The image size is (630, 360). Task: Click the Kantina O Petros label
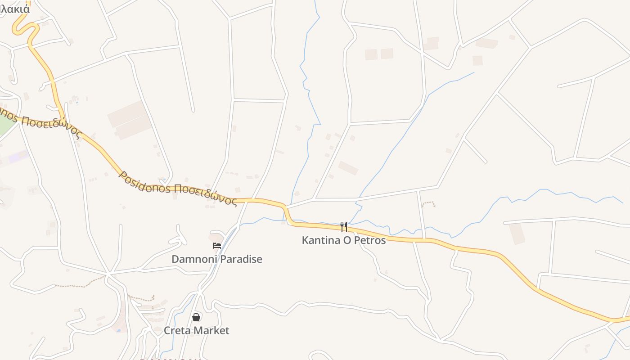(x=344, y=240)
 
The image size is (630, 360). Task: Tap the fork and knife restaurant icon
(x=344, y=226)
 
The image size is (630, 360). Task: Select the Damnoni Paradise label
(x=216, y=259)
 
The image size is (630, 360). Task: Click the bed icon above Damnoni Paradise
(x=216, y=246)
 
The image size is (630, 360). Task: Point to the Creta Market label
(x=196, y=331)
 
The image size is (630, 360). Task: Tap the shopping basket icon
(x=196, y=317)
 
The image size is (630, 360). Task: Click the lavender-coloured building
(x=18, y=157)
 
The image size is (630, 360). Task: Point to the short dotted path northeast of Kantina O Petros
(x=429, y=203)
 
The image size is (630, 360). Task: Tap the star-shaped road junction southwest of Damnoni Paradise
(x=108, y=274)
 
